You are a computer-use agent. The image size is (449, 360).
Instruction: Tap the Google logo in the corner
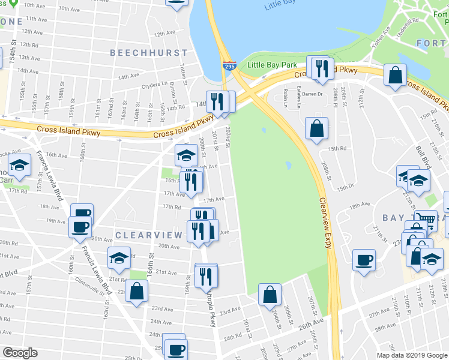pyautogui.click(x=20, y=352)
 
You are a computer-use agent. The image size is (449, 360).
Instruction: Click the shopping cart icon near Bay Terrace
pyautogui.click(x=426, y=220)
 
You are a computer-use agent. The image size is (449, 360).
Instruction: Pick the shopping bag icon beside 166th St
pyautogui.click(x=137, y=292)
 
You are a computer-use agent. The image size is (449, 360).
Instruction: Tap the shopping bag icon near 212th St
pyautogui.click(x=396, y=76)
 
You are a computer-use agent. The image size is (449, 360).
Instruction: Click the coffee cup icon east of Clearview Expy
pyautogui.click(x=364, y=260)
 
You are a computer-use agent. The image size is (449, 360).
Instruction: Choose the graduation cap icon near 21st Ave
pyautogui.click(x=119, y=257)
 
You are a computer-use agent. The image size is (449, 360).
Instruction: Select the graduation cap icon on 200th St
pyautogui.click(x=186, y=155)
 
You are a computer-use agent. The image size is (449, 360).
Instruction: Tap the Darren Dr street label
pyautogui.click(x=312, y=94)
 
